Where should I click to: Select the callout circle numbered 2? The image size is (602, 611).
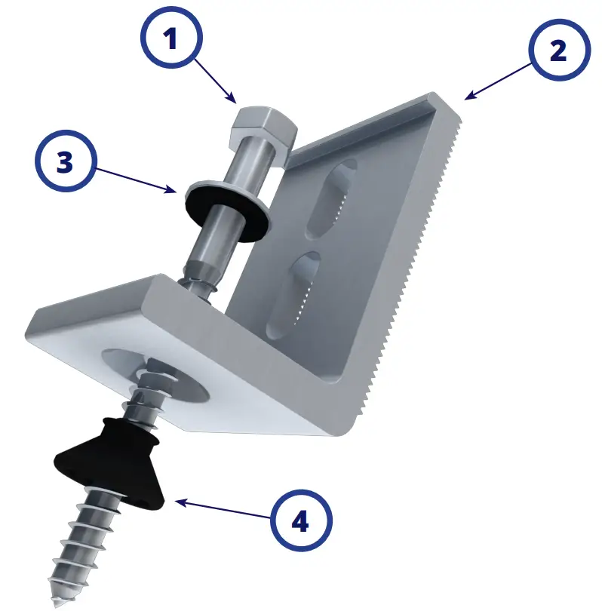pos(557,51)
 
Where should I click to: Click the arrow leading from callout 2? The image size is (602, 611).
pos(499,81)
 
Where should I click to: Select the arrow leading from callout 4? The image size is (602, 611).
pos(220,510)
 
